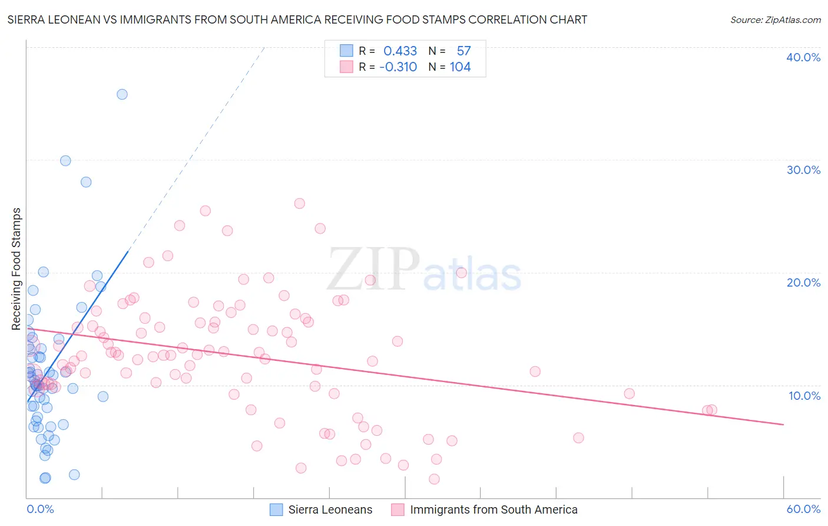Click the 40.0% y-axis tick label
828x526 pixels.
803,57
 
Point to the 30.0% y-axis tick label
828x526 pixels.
803,170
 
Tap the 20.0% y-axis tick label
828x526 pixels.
803,282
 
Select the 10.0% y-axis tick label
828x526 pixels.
804,396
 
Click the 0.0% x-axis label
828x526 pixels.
40,509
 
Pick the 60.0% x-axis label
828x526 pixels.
803,509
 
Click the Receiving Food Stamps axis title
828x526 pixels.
16,268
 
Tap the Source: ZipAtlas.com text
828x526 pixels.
775,20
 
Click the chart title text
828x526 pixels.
297,20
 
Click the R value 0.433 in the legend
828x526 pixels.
400,51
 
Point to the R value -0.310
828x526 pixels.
398,67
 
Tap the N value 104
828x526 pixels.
460,67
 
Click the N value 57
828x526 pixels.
463,51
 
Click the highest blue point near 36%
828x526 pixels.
122,94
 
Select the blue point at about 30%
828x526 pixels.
65,161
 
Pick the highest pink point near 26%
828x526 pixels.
299,203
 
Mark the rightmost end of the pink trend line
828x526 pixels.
783,425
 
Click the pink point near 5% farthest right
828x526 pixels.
578,438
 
